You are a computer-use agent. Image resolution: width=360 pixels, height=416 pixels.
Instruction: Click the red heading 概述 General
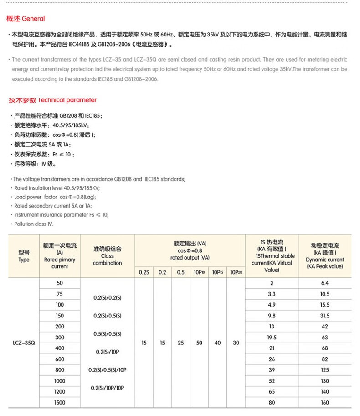(26, 19)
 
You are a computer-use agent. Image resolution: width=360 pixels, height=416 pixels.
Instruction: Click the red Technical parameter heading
(52, 100)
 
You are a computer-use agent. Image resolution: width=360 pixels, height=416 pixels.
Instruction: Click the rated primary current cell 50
(60, 283)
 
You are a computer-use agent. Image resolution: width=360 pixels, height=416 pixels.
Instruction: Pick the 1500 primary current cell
(60, 403)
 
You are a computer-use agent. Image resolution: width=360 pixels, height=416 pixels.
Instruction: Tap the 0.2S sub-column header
(144, 272)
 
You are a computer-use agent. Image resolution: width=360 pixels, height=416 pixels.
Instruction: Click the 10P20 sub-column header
(236, 272)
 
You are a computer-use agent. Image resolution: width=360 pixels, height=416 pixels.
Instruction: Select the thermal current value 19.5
(272, 338)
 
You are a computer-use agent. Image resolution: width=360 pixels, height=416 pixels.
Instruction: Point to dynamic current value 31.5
(324, 316)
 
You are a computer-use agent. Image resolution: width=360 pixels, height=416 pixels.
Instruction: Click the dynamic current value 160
(324, 403)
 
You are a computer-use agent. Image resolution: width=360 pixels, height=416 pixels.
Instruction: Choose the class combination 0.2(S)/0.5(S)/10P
(108, 370)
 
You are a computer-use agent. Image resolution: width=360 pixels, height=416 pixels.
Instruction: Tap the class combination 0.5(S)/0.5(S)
(108, 334)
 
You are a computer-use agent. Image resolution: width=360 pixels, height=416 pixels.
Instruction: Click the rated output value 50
(199, 343)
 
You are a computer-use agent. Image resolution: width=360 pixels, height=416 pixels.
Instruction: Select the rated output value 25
(181, 343)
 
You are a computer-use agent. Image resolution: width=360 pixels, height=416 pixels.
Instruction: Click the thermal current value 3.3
(272, 294)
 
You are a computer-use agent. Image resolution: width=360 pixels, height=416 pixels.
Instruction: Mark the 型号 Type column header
(24, 256)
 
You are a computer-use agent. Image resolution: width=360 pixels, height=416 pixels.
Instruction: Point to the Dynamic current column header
(324, 256)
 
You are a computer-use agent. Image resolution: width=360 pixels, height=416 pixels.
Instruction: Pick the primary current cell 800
(60, 370)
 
